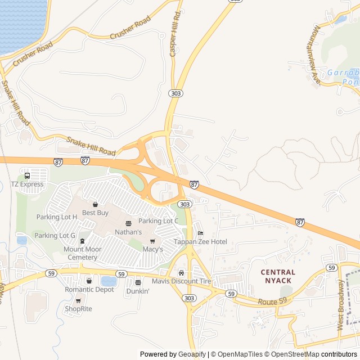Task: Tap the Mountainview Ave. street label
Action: tap(316, 55)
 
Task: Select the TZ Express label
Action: tap(27, 184)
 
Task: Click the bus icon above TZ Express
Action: tap(27, 175)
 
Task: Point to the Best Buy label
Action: tap(95, 213)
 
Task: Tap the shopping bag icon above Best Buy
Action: tap(95, 204)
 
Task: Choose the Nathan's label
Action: tap(128, 232)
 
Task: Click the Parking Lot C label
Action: tap(158, 221)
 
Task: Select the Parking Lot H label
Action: tap(57, 217)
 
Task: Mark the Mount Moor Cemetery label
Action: tap(82, 253)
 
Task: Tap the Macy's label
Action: tap(152, 249)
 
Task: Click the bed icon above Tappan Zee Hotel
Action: tap(200, 233)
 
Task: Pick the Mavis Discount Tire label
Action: tap(181, 281)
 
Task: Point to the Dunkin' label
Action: tap(138, 291)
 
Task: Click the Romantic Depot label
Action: tap(89, 289)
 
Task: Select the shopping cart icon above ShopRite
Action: tap(78, 301)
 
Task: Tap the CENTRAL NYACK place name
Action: tap(278, 276)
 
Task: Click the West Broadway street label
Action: tap(341, 305)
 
